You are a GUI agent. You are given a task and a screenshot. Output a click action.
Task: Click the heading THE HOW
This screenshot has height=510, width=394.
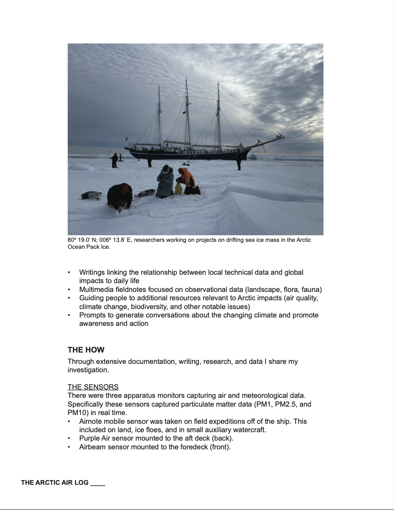click(x=86, y=350)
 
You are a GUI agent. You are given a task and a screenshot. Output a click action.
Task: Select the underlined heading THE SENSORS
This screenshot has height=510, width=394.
click(x=93, y=387)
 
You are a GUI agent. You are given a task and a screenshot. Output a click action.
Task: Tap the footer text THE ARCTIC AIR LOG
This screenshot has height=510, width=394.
click(x=55, y=483)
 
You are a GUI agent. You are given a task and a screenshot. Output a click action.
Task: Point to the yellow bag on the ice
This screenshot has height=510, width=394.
click(x=178, y=189)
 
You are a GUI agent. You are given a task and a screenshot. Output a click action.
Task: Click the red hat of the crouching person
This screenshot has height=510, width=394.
click(x=125, y=189)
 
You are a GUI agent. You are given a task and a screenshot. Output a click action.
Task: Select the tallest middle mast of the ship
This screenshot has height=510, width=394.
click(x=187, y=113)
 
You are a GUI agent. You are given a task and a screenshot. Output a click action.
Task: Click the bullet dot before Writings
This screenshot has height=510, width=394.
click(x=69, y=273)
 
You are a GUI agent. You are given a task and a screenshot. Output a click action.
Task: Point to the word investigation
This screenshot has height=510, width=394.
click(x=88, y=370)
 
